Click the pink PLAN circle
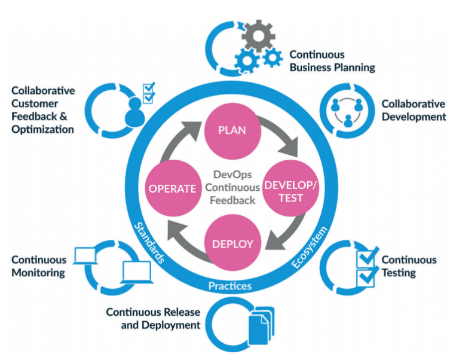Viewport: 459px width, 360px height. coord(232,131)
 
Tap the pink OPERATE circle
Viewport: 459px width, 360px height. coord(173,188)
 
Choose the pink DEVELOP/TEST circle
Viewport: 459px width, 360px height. coord(290,188)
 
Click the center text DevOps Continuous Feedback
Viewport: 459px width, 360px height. coord(232,187)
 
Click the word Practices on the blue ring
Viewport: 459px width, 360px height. coord(230,286)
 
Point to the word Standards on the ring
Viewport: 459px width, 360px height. coord(149,243)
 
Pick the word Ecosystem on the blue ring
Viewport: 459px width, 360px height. coord(310,247)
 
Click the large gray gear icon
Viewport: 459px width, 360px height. coord(258,36)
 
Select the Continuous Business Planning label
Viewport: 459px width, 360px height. coord(332,61)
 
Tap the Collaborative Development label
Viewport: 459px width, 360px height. coord(414,110)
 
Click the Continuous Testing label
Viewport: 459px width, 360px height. coord(409,266)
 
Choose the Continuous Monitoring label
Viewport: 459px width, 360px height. coord(39,266)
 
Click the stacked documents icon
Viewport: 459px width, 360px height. coord(261,325)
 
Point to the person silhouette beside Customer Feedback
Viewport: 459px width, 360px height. coord(134,112)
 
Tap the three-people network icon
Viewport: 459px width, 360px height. coord(347,112)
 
